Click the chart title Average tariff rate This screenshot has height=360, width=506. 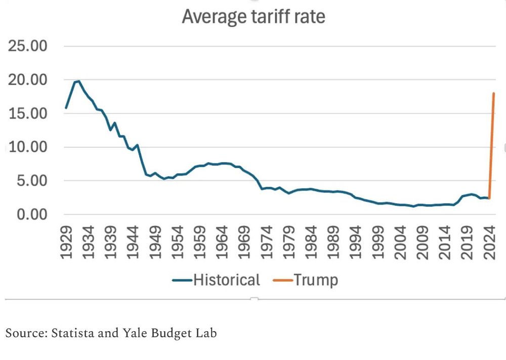(x=253, y=17)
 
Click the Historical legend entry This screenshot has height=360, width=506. (x=216, y=280)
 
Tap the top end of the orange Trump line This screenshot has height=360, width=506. (x=493, y=94)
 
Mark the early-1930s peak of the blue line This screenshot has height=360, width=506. (x=78, y=81)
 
